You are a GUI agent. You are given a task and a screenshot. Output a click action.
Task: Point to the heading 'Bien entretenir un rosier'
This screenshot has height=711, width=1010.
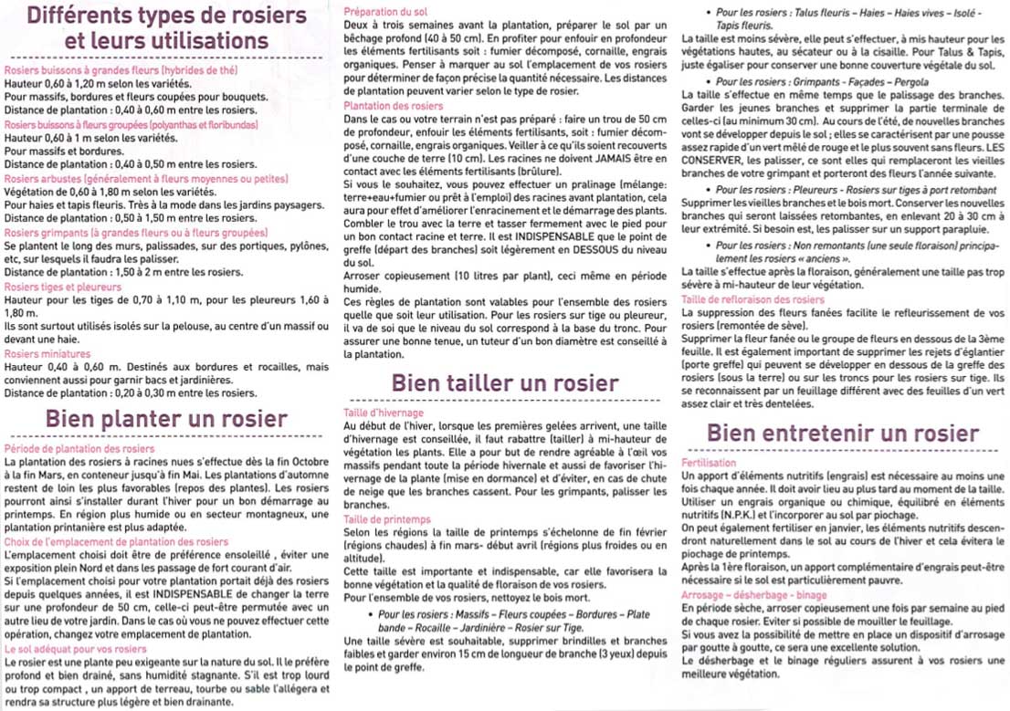tap(843, 434)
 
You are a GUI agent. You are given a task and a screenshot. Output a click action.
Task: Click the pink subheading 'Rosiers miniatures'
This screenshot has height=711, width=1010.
tap(43, 353)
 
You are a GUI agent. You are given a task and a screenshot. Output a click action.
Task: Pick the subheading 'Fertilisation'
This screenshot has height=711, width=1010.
tap(709, 464)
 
